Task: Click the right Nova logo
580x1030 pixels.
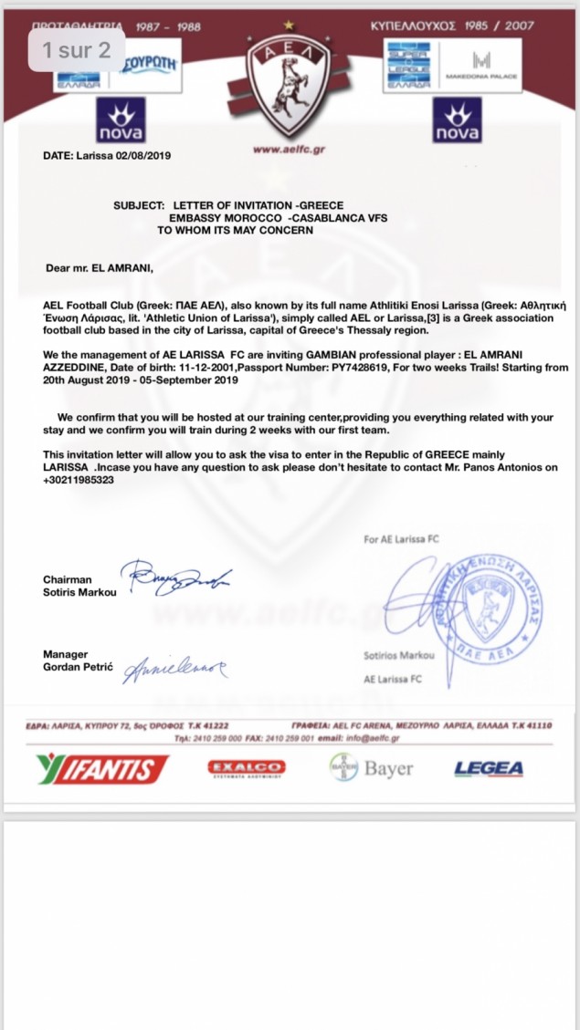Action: (457, 124)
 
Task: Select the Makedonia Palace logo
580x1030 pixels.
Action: (481, 66)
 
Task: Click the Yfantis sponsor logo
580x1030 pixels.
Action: (102, 768)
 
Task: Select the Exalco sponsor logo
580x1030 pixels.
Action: (247, 768)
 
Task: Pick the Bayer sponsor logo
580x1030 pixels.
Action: (372, 768)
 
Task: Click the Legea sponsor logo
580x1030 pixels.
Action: (489, 768)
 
